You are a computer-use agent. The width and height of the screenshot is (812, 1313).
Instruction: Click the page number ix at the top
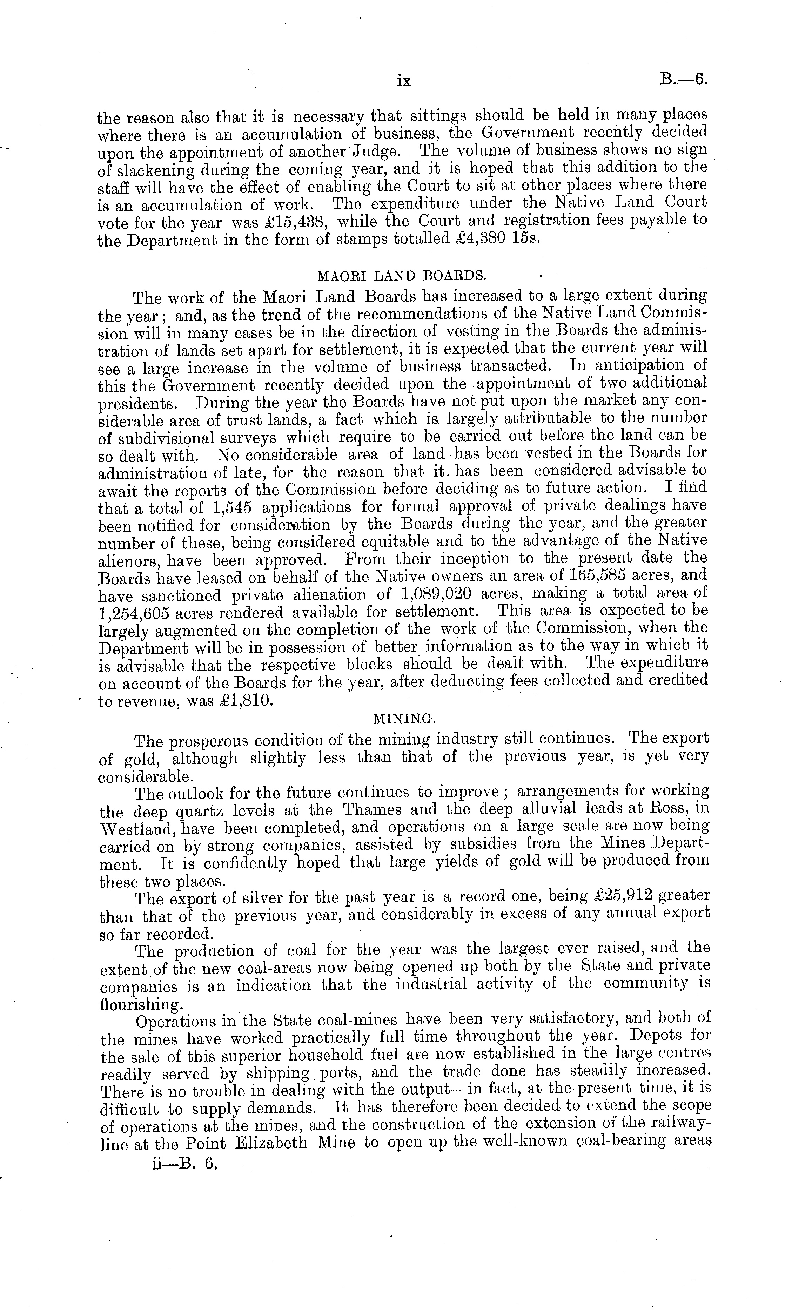pos(403,81)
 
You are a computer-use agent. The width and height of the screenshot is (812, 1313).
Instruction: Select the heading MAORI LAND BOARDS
pos(402,276)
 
